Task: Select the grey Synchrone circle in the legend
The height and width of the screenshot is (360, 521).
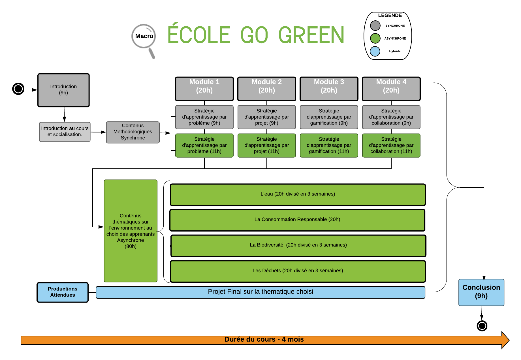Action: [375, 25]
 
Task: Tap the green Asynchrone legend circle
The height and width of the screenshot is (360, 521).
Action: [375, 38]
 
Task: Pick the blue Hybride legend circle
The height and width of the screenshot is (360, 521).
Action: [375, 51]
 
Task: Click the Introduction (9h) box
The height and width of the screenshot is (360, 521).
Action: [63, 90]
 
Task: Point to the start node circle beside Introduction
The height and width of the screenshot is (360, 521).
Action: [18, 89]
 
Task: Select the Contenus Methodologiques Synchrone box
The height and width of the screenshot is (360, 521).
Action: [133, 132]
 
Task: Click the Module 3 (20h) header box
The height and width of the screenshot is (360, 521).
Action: [329, 89]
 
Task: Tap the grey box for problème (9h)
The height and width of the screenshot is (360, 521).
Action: [204, 117]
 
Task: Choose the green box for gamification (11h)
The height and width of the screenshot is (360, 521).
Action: [329, 145]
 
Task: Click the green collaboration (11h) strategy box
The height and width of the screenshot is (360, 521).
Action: [391, 145]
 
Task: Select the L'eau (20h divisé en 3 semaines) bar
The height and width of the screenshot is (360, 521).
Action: [298, 195]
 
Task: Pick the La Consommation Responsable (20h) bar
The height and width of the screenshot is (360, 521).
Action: [297, 220]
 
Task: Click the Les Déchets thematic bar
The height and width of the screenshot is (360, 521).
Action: [298, 271]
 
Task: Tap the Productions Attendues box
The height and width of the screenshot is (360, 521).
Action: [63, 292]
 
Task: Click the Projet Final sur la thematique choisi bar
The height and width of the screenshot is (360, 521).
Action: [260, 292]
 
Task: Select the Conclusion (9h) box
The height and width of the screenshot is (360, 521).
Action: [481, 292]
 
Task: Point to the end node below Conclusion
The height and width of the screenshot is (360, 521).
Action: [482, 326]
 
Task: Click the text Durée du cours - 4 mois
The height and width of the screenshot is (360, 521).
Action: [264, 339]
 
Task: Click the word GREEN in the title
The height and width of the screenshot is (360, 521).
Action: [311, 35]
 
